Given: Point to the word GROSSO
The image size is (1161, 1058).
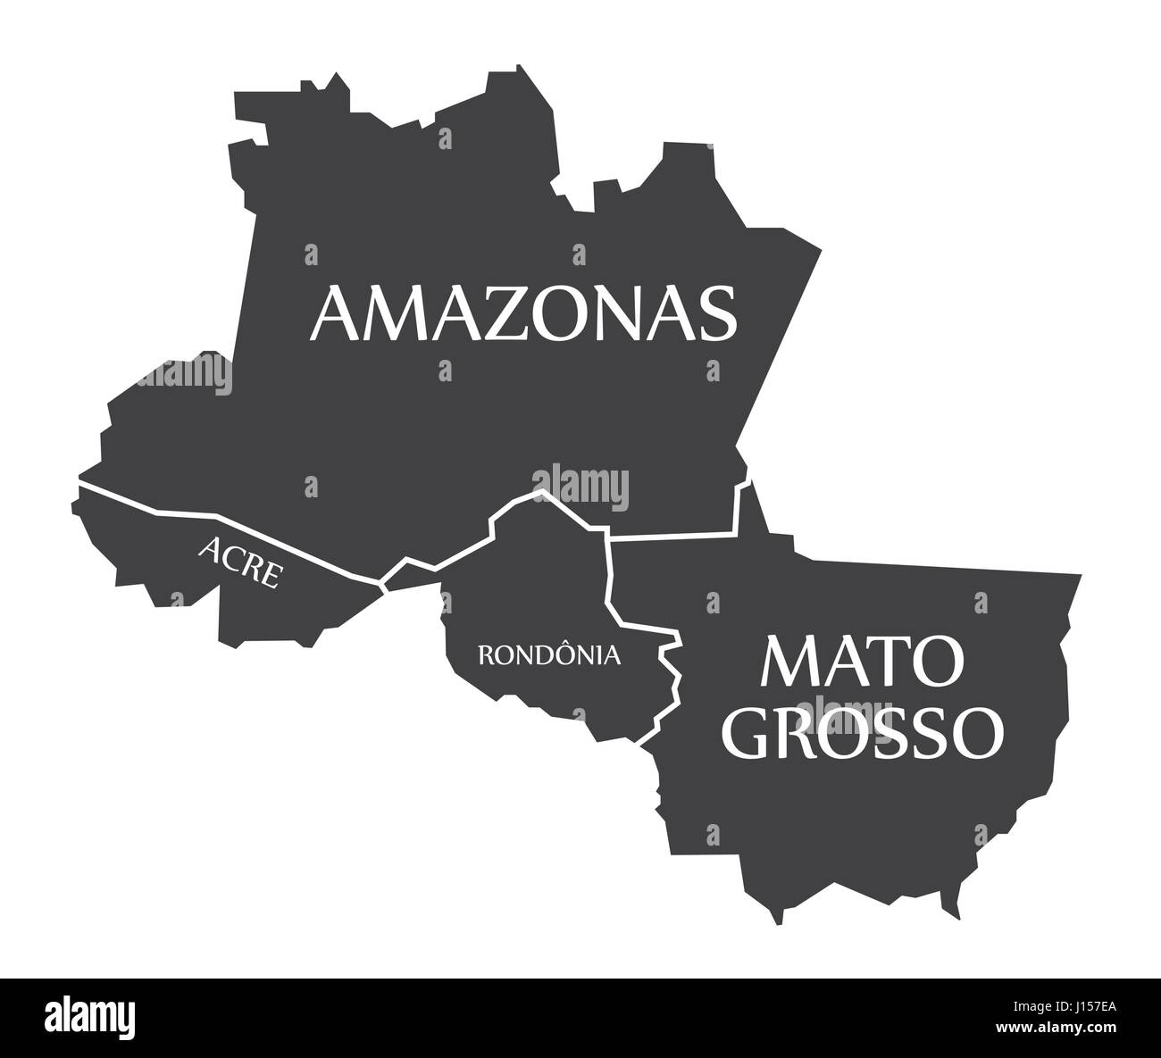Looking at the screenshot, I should pyautogui.click(x=864, y=732).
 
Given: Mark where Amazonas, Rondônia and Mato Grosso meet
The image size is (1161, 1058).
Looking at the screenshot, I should pyautogui.click(x=607, y=538).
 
